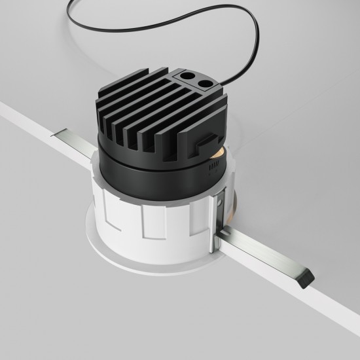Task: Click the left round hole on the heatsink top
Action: point(193,77)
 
